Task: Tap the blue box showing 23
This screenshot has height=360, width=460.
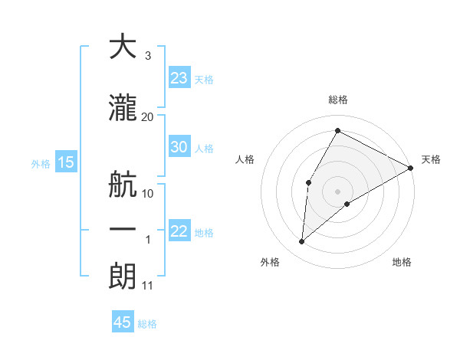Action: point(179,78)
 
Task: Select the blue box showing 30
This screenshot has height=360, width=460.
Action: point(179,147)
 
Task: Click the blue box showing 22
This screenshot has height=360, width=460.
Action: point(179,231)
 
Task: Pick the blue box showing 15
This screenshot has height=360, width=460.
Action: point(65,162)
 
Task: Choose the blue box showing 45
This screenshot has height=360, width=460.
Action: point(123,322)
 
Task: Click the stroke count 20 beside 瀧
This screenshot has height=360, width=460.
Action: point(147,116)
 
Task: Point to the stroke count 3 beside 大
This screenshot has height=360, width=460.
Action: point(147,56)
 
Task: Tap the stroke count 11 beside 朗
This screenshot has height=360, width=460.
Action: point(147,286)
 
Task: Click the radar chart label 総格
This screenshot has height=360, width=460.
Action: point(337,100)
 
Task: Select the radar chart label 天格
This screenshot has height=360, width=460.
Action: point(431,159)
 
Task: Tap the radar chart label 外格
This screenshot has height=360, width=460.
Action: point(270,262)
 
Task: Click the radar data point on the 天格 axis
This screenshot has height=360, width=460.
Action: point(411,168)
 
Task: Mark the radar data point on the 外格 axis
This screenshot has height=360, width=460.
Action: point(302,242)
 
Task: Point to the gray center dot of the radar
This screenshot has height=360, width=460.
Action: point(337,191)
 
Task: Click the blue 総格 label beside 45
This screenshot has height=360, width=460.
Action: point(147,324)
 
